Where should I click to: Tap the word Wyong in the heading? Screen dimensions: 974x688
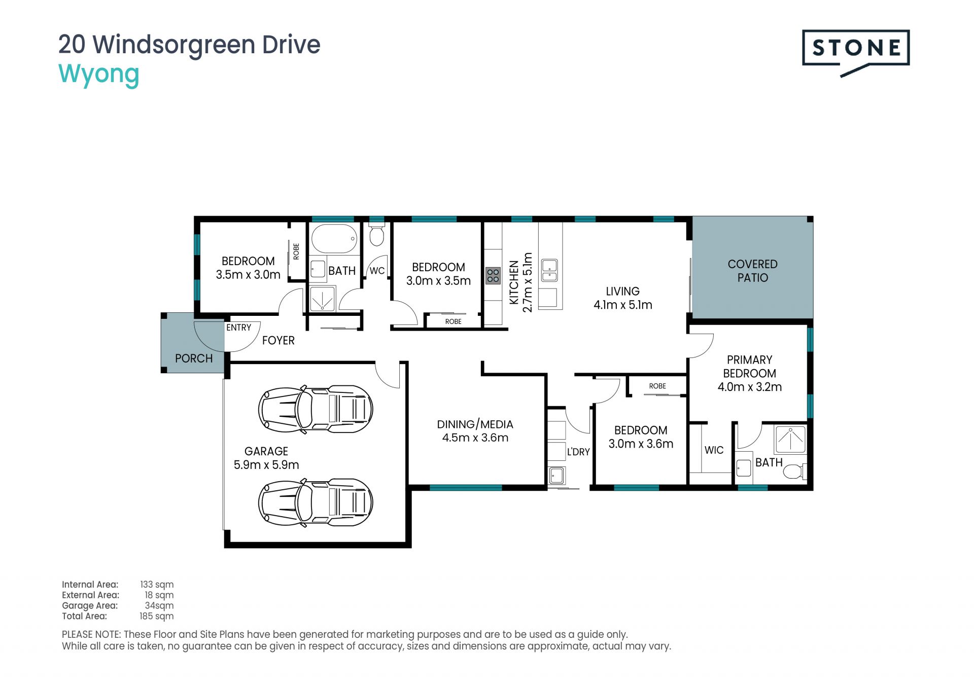[x=99, y=75]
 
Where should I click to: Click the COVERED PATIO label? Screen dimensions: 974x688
[x=752, y=271]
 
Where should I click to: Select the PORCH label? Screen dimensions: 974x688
[x=194, y=358]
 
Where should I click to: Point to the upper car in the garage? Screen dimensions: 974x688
[x=316, y=409]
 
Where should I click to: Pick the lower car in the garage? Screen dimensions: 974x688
[x=316, y=502]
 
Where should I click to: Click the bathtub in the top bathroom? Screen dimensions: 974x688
[x=334, y=239]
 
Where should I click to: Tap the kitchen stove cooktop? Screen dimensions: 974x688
[x=493, y=276]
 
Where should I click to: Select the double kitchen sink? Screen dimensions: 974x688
[x=549, y=270]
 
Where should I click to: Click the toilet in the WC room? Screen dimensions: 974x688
[x=376, y=235]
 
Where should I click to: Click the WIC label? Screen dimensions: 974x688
[x=714, y=450]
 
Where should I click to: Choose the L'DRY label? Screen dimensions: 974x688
[x=578, y=452]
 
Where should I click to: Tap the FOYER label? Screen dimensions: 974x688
[x=278, y=340]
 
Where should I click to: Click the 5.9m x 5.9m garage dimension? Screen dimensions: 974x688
[x=266, y=464]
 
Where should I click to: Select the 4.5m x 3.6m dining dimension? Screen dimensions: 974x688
[x=475, y=438]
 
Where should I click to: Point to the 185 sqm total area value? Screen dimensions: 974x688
[x=157, y=616]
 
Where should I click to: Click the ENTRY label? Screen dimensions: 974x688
[x=238, y=328]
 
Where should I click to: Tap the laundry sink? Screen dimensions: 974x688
[x=556, y=476]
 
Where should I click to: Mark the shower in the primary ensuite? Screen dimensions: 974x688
[x=790, y=440]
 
